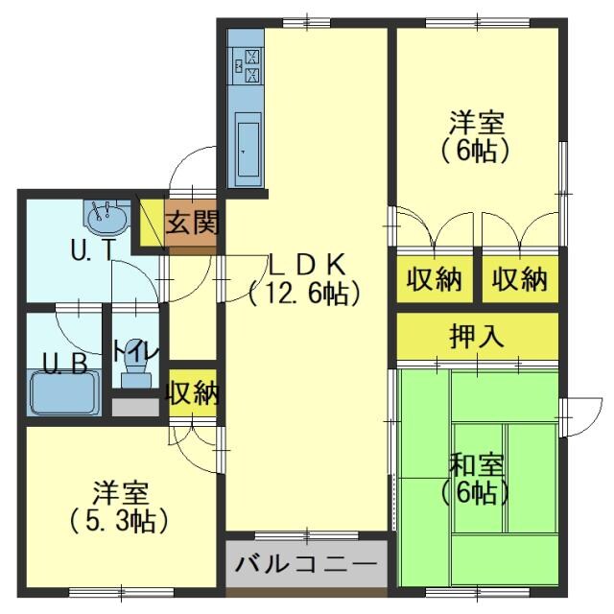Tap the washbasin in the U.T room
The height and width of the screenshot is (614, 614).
(106, 218)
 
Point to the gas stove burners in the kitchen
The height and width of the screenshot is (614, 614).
(246, 64)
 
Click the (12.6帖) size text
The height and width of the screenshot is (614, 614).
(304, 294)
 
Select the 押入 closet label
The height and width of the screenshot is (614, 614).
(476, 336)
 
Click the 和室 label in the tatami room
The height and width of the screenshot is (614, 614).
(476, 466)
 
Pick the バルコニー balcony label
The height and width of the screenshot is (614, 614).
(307, 564)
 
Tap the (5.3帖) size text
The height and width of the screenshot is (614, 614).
(120, 521)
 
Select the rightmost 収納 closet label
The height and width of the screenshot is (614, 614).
(519, 280)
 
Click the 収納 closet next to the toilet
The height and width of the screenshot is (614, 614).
(193, 392)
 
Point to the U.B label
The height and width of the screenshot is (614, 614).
(65, 365)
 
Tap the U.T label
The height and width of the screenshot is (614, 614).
(93, 250)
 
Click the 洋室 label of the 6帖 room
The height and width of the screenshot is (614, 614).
(476, 123)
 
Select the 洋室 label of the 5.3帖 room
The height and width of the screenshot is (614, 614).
(120, 493)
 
